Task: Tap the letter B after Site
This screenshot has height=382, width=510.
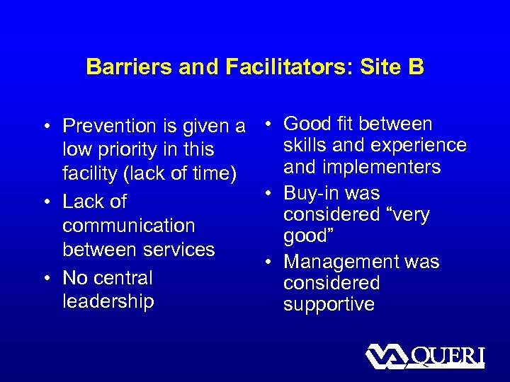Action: point(414,67)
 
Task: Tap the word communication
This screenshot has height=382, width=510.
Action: point(128,226)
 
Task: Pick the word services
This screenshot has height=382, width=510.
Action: point(181,250)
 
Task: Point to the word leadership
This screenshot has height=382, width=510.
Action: point(108,301)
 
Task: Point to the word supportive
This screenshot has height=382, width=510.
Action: point(329,304)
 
